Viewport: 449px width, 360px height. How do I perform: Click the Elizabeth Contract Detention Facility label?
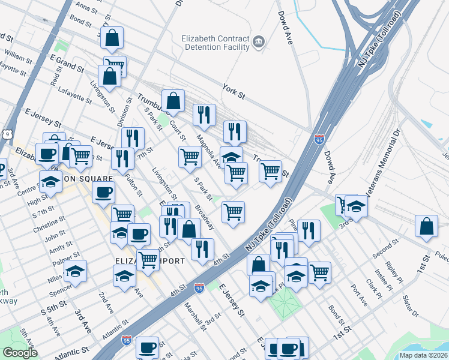215,43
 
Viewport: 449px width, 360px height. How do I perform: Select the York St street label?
234,91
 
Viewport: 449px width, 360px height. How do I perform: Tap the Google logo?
20,353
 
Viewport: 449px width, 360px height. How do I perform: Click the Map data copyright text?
423,355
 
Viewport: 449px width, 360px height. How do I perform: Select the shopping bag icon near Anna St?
112,38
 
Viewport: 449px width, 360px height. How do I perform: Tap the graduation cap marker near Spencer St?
75,271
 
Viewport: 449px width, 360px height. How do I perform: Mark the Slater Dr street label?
410,306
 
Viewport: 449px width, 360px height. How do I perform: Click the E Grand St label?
67,63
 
